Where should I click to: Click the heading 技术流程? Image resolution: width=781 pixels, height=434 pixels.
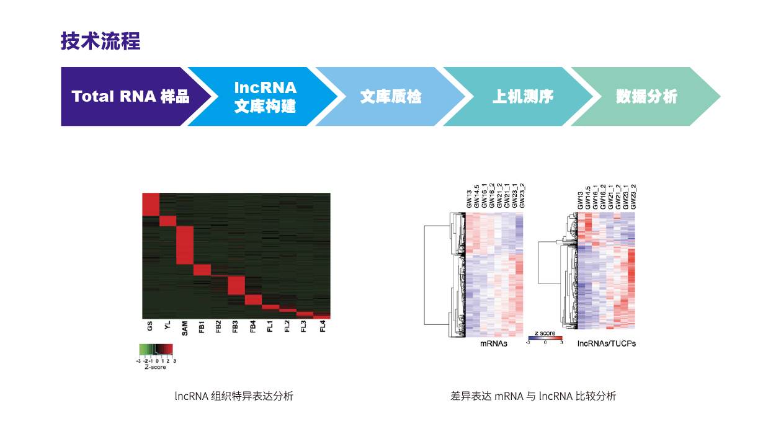pos(100,41)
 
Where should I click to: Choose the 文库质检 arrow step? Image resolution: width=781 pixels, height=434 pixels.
pos(391,97)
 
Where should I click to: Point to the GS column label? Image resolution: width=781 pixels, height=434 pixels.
pos(150,326)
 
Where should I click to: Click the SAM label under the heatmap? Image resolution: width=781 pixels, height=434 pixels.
pos(184,329)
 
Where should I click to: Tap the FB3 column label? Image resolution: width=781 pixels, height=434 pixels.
pos(235,327)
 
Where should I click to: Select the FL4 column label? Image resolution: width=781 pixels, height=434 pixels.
pos(323,327)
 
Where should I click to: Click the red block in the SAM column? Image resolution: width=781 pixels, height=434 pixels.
pos(185,246)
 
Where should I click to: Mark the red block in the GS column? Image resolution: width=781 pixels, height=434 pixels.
pos(151,205)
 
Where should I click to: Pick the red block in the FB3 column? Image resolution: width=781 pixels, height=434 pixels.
pos(236,285)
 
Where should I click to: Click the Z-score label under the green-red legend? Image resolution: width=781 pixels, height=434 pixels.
pos(156,367)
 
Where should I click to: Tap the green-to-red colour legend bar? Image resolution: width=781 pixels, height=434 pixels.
pos(156,350)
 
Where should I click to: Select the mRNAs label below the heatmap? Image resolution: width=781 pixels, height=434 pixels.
pos(494,343)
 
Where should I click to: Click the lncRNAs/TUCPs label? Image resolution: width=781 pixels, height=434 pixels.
pos(606,343)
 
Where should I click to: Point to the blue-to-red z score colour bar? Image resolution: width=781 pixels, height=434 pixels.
pos(545,338)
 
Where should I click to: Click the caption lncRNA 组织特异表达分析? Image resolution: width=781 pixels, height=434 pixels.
pos(234,396)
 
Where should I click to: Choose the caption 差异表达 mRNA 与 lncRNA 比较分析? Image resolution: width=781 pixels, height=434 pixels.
pos(533,396)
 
